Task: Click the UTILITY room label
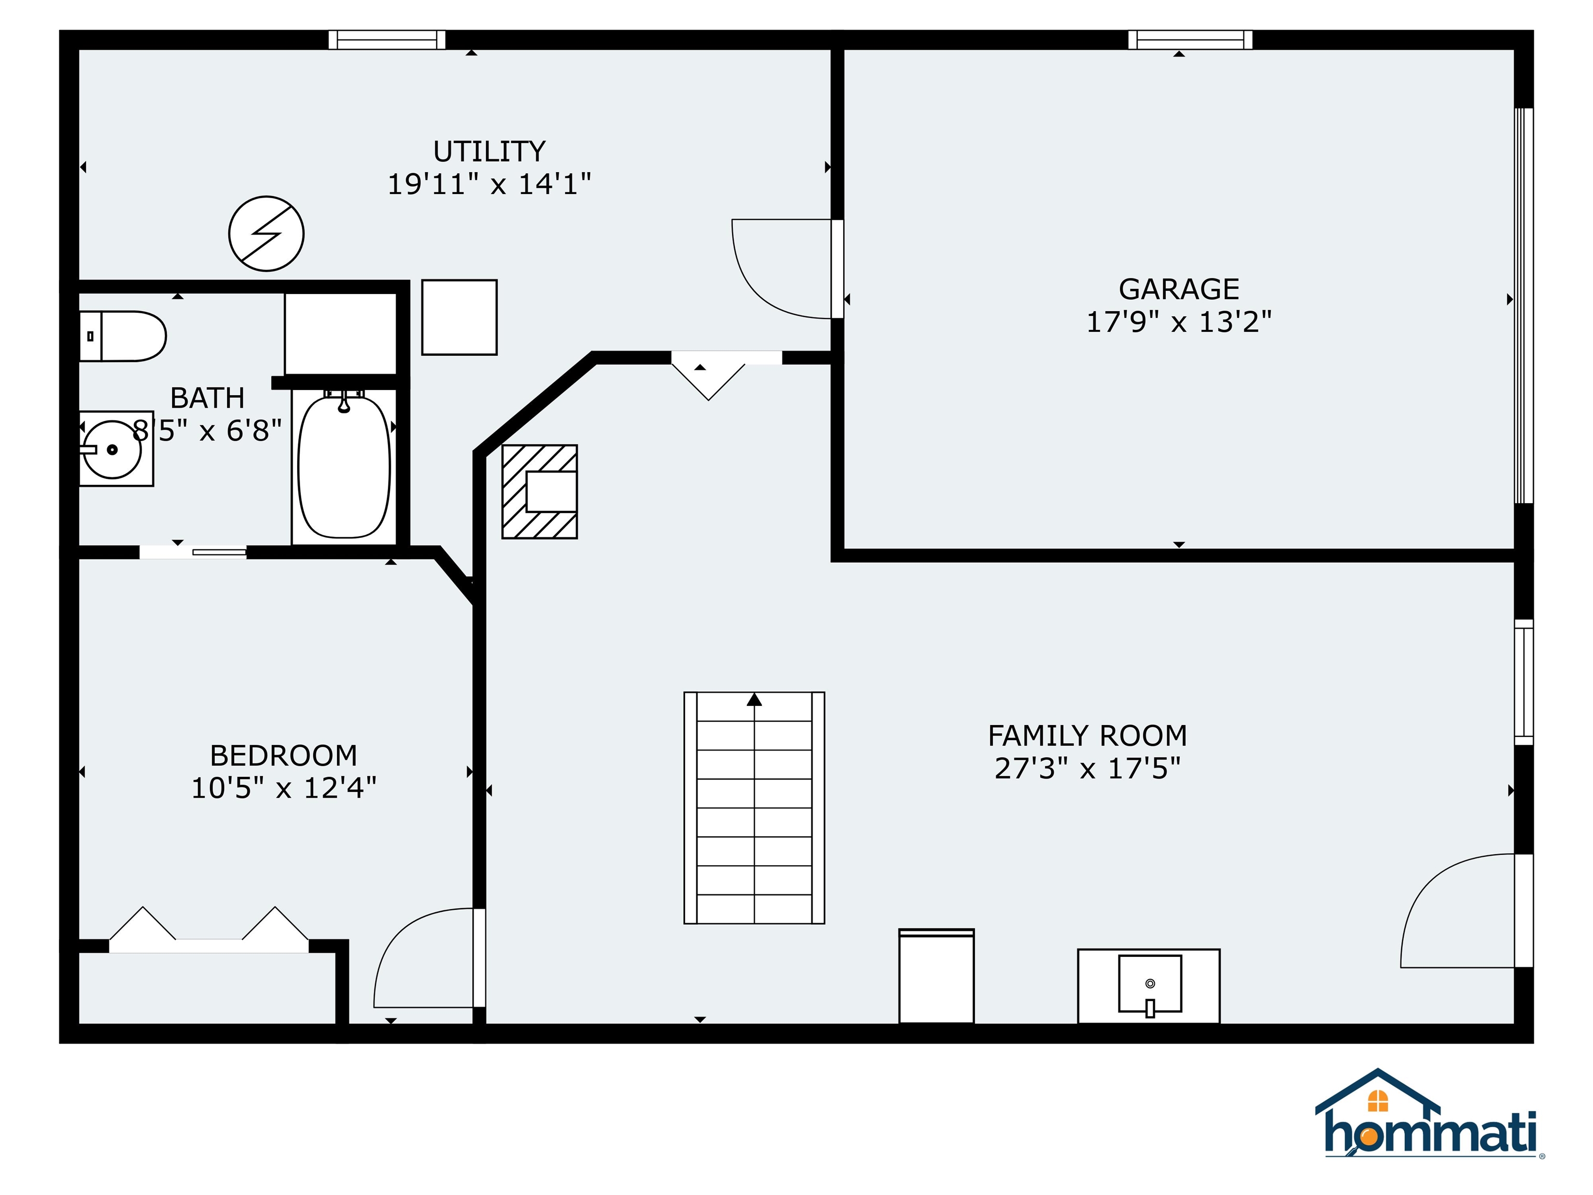[x=489, y=151]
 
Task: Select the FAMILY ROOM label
[x=1087, y=735]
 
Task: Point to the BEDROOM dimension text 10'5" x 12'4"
[x=284, y=788]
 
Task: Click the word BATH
[x=207, y=398]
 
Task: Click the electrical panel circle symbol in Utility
[x=267, y=233]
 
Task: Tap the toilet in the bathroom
[x=122, y=336]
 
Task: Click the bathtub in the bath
[x=344, y=466]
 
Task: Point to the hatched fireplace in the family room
[x=539, y=491]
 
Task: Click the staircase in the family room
[x=754, y=808]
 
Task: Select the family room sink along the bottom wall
[x=1149, y=985]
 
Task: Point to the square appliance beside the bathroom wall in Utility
[x=459, y=317]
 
